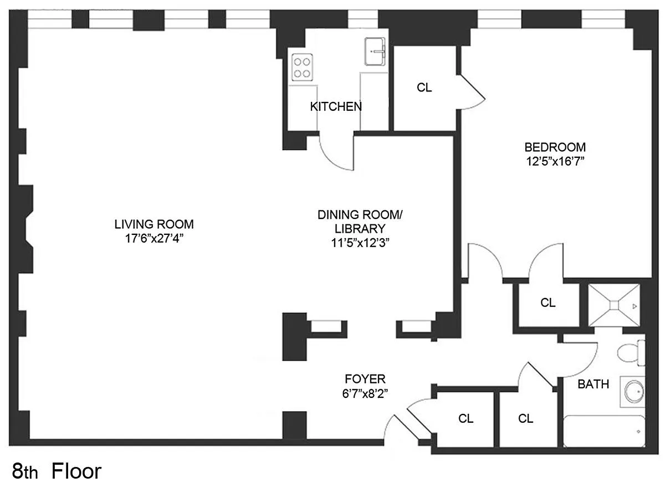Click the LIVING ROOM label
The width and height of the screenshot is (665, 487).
(154, 224)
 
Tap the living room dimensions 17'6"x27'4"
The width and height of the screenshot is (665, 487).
(154, 239)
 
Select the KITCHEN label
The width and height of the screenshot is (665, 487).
(336, 106)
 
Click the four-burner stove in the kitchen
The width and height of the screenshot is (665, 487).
(302, 68)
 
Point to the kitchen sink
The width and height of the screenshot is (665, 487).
(375, 52)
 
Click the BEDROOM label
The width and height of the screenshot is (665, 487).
(555, 147)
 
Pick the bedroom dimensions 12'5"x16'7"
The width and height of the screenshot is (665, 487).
(555, 161)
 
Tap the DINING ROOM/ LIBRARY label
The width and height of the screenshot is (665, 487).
(360, 222)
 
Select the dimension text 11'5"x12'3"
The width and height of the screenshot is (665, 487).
(360, 243)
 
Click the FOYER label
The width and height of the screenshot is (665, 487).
(365, 379)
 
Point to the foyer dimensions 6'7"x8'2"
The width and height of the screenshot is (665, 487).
(365, 393)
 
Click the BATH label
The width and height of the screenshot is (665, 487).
(594, 385)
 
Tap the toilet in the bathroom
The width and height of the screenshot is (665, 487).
(631, 353)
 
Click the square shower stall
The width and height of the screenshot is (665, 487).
(614, 305)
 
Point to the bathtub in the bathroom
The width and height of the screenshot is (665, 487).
(605, 431)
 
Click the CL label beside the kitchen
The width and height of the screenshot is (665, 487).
(424, 88)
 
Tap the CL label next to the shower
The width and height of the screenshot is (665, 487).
(548, 303)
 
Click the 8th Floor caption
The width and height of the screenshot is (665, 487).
(57, 471)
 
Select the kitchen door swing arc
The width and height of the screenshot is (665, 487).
(331, 161)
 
